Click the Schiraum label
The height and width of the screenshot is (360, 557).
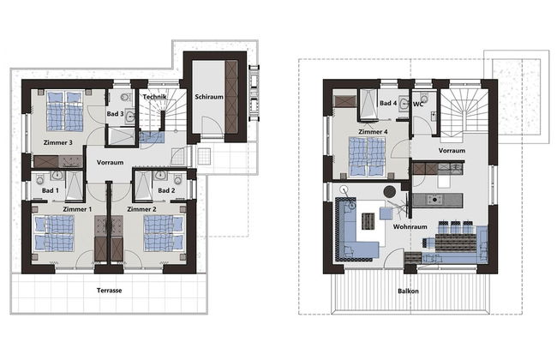coord(209,97)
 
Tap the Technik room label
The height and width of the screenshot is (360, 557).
coord(154,97)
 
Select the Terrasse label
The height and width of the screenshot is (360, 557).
coord(110,291)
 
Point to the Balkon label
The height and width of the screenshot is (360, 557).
coord(408,291)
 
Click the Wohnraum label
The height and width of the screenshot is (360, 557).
coord(410,226)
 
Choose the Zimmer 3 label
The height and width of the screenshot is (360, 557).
coord(58,142)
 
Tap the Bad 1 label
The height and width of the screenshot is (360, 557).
coord(50,190)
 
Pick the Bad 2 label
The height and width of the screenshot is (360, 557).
coord(166,190)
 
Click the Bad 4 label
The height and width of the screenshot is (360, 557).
coord(388,103)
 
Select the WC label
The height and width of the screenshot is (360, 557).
coord(418,105)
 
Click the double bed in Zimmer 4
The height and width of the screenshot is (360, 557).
coord(367,157)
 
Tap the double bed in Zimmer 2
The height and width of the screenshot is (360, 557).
coord(164,233)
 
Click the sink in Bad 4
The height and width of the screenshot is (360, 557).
coord(404,104)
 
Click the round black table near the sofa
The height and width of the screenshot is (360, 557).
coord(390,191)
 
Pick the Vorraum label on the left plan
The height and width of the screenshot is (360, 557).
coord(111,162)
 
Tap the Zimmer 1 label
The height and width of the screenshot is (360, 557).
coord(77,209)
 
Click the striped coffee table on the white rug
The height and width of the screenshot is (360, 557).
coord(368,221)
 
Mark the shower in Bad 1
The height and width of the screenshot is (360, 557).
coord(75,186)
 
